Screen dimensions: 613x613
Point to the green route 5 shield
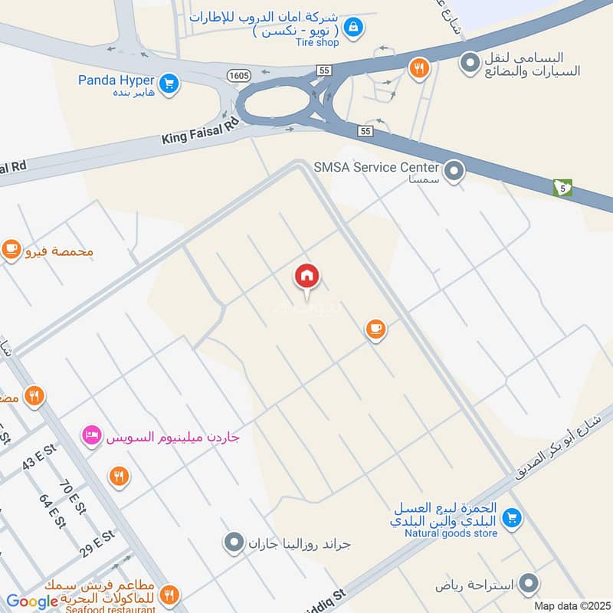(x=562, y=187)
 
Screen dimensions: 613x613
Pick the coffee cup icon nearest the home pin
(x=375, y=329)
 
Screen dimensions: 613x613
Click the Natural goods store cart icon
(x=513, y=520)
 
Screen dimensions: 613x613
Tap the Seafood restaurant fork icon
(x=169, y=594)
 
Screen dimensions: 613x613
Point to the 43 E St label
(x=40, y=459)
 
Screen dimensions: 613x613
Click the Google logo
(x=32, y=602)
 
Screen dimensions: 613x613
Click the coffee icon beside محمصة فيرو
(x=11, y=250)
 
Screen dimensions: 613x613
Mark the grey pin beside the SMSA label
(x=455, y=171)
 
